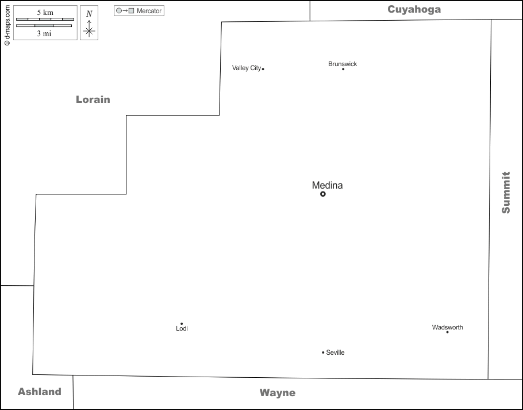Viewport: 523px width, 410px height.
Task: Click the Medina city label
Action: pyautogui.click(x=327, y=185)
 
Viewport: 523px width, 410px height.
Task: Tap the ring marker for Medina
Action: pyautogui.click(x=323, y=194)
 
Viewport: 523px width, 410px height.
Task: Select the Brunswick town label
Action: pyautogui.click(x=343, y=64)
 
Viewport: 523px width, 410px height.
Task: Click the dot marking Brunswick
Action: pyautogui.click(x=343, y=69)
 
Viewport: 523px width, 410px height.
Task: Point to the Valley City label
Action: pyautogui.click(x=246, y=68)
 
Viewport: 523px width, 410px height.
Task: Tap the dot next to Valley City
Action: pyautogui.click(x=263, y=69)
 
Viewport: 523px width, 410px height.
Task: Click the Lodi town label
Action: pyautogui.click(x=182, y=329)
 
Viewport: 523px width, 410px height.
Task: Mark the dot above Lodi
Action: pyautogui.click(x=182, y=323)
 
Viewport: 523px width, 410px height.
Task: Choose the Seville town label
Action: pyautogui.click(x=335, y=352)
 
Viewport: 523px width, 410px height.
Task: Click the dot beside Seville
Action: pyautogui.click(x=323, y=352)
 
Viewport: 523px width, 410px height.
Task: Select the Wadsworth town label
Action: pyautogui.click(x=447, y=327)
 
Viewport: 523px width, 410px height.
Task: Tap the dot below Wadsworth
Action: pyautogui.click(x=447, y=332)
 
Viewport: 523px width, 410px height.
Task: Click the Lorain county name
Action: pyautogui.click(x=93, y=99)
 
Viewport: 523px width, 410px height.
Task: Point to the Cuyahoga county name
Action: pyautogui.click(x=414, y=9)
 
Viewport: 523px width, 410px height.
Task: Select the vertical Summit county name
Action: pyautogui.click(x=506, y=192)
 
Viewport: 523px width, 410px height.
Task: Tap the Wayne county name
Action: pyautogui.click(x=278, y=393)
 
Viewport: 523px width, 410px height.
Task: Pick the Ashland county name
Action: pyautogui.click(x=40, y=392)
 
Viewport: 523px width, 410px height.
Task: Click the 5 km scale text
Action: pyautogui.click(x=45, y=13)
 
